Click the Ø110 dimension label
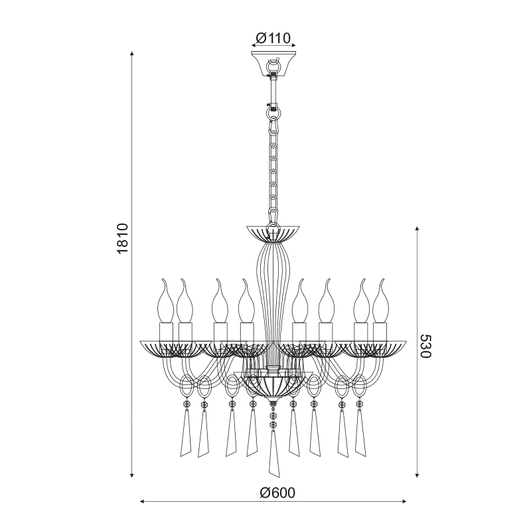coord(273,38)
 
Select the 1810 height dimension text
coord(122,238)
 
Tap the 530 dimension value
coord(425,346)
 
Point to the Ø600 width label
coord(277,493)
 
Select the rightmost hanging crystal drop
coord(361,433)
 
